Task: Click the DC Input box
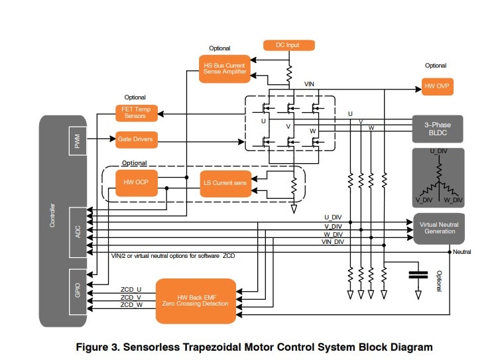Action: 288,45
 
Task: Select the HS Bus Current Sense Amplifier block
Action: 225,69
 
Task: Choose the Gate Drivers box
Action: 136,140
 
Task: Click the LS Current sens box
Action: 225,182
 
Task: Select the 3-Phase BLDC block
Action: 438,127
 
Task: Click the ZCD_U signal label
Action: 131,288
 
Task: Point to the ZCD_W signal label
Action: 131,306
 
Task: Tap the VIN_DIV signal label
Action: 332,242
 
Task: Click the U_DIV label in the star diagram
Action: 438,152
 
